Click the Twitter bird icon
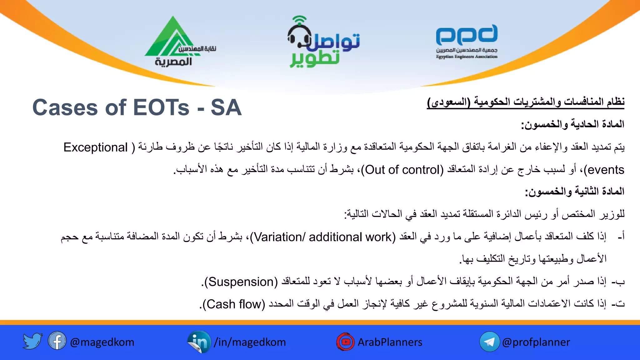coord(32,341)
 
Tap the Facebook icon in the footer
coord(57,341)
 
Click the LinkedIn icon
coord(199,342)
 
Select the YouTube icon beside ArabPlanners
coord(345,342)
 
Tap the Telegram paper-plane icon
coord(489,342)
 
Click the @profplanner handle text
coord(536,342)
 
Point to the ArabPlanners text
coord(390,342)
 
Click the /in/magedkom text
coord(250,342)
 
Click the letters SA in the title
coord(226,107)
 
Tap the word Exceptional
coord(95,147)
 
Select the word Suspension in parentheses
coord(241,282)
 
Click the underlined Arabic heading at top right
coord(526,102)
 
